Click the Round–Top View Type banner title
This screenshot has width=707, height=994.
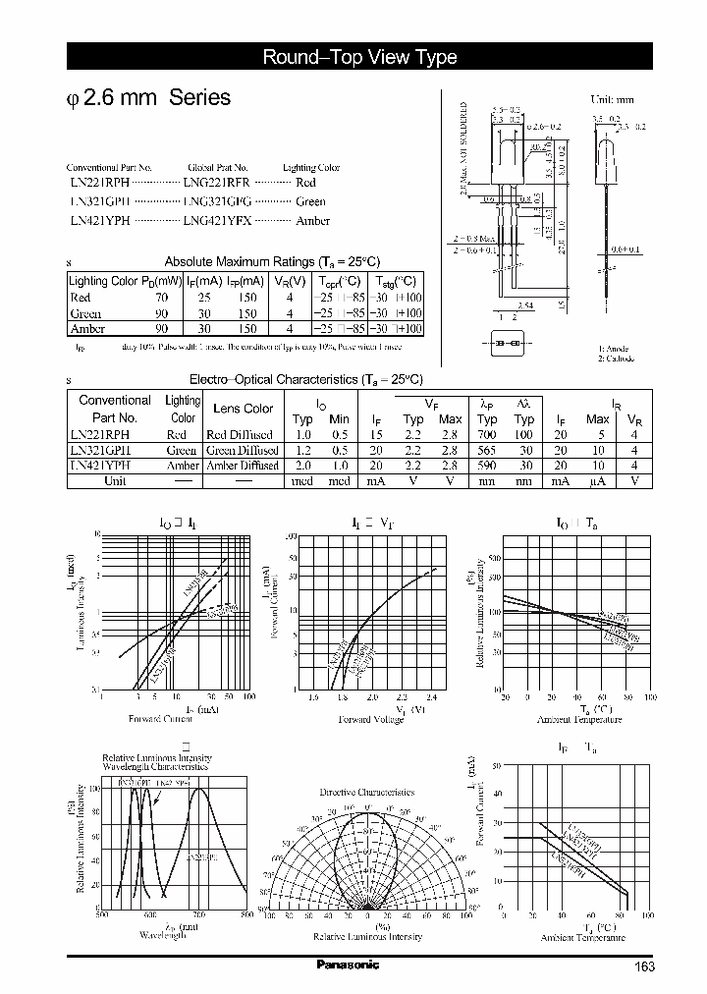point(359,57)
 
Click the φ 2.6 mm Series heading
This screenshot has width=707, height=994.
point(147,98)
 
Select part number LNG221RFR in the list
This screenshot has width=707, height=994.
point(217,183)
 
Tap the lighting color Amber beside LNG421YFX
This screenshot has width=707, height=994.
point(312,222)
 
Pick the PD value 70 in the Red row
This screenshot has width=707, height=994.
point(161,296)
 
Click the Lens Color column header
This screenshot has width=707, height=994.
point(244,408)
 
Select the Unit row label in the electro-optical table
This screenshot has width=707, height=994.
point(115,481)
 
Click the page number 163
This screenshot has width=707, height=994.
point(644,967)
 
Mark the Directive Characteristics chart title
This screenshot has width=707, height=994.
point(367,792)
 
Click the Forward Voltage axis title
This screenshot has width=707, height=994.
point(371,719)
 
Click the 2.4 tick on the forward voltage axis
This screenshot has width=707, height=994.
point(431,697)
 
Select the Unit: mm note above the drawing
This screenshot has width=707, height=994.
point(611,100)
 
